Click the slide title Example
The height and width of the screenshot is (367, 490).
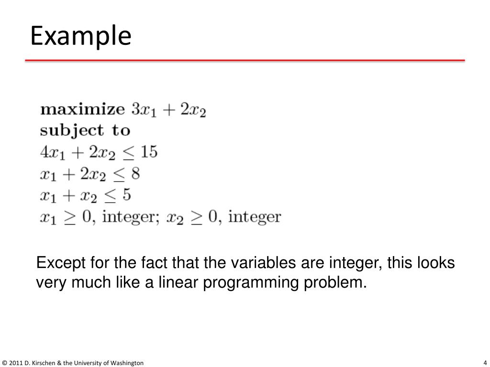tap(80, 36)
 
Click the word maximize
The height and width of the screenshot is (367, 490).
tap(82, 109)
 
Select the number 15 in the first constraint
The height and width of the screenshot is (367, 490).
tap(149, 152)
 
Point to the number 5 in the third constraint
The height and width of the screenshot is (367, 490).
tap(127, 194)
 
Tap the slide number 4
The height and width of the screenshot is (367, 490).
tap(485, 362)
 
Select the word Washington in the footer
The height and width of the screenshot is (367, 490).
tap(126, 363)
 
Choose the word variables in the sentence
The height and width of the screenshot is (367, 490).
tap(258, 263)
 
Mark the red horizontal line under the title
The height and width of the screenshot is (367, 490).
tap(245, 61)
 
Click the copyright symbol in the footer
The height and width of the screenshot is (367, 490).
tap(4, 363)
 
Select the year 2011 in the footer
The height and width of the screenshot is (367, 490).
tap(15, 363)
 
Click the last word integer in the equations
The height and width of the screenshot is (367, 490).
tap(255, 217)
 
